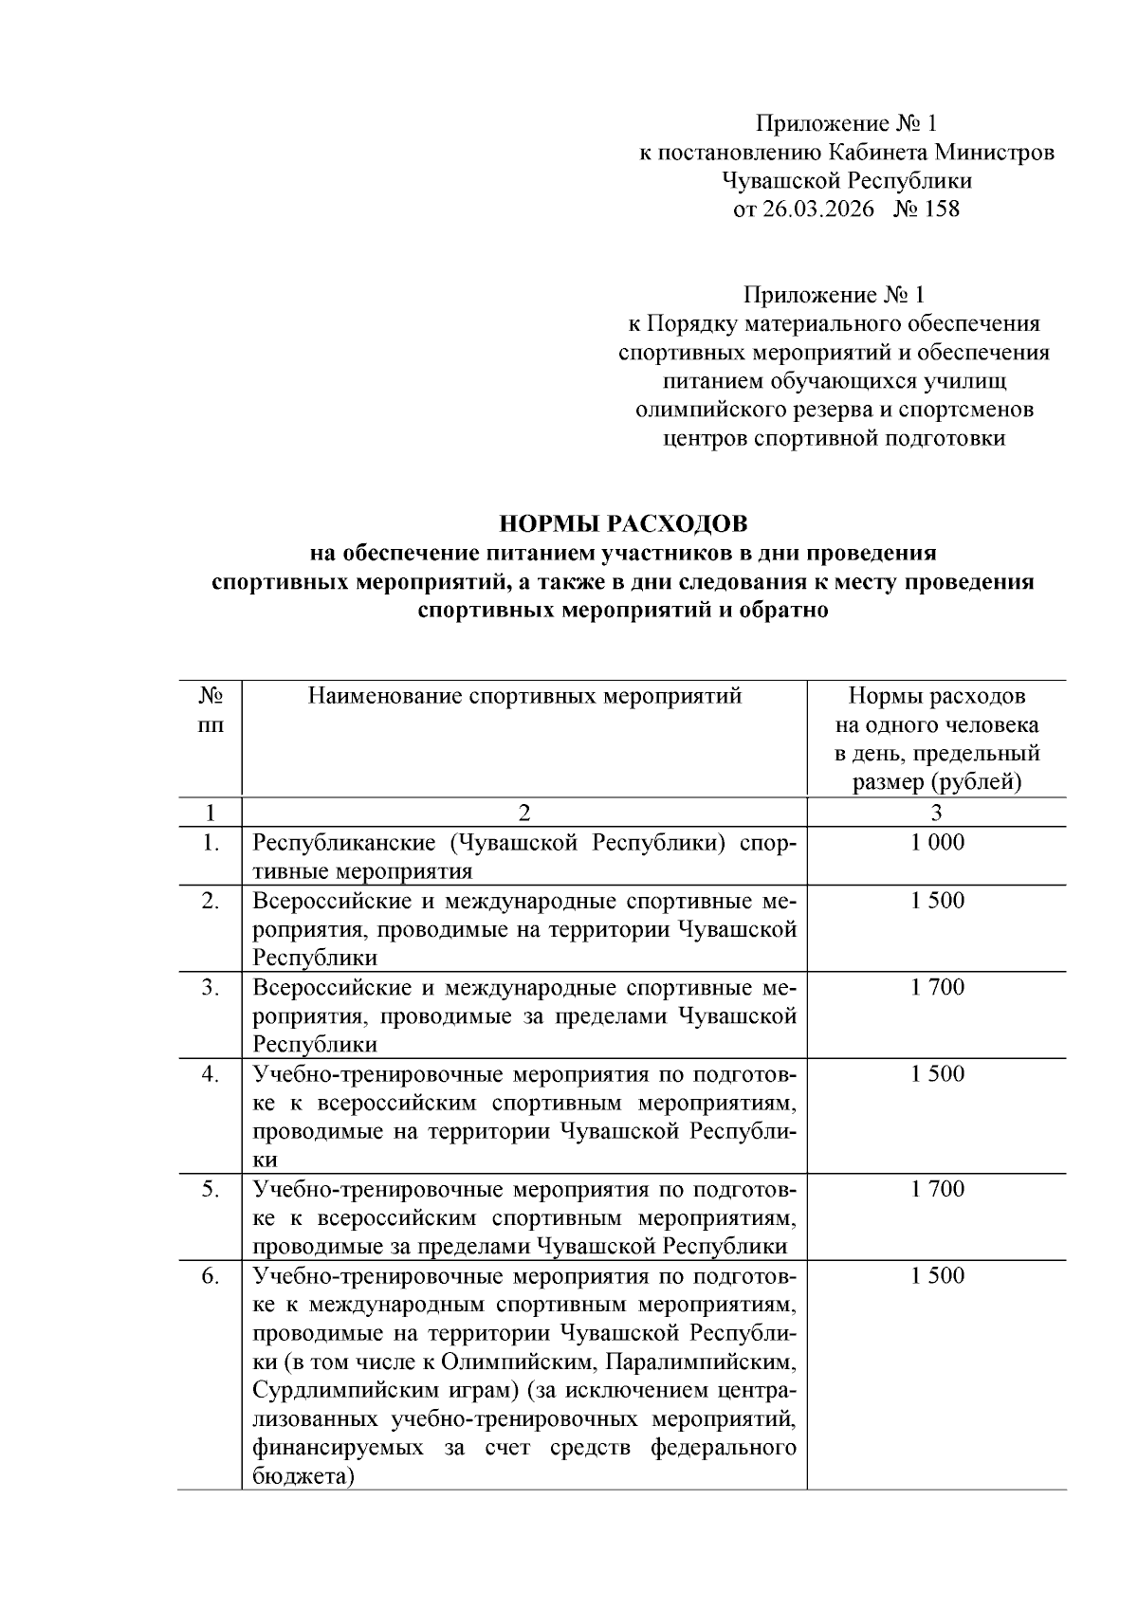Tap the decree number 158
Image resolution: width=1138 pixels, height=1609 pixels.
[x=941, y=210]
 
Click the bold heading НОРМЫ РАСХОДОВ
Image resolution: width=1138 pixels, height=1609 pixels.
[x=623, y=524]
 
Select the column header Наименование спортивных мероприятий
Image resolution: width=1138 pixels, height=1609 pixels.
[x=524, y=697]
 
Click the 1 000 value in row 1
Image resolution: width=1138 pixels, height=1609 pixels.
[x=937, y=842]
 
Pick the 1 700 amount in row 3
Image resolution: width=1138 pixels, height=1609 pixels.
[x=937, y=987]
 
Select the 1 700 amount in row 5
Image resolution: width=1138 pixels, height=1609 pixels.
[x=937, y=1188]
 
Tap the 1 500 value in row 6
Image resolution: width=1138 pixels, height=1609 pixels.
[x=937, y=1275]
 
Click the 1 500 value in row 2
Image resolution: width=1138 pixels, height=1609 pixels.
[x=937, y=900]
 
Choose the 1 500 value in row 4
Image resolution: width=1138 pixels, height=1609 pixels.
[x=937, y=1073]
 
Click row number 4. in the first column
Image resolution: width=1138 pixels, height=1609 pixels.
[x=211, y=1073]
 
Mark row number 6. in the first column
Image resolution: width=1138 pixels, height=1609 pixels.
[x=211, y=1275]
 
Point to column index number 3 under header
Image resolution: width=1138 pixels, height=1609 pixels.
[x=937, y=813]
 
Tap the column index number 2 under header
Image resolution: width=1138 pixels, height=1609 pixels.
[x=524, y=813]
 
